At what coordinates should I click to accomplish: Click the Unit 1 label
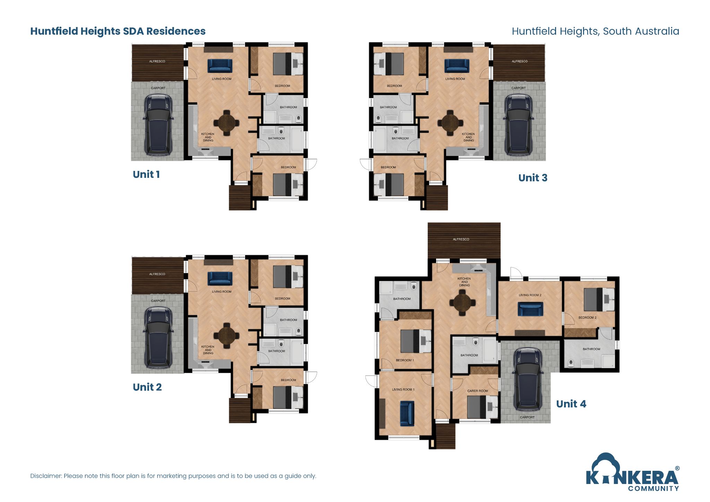[x=146, y=174]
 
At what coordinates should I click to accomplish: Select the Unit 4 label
[x=571, y=404]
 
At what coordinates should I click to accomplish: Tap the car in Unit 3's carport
[x=519, y=124]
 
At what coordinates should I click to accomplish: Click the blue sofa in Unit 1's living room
[x=220, y=66]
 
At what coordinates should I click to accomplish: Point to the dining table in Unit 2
[x=226, y=335]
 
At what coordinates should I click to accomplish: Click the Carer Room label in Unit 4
[x=477, y=391]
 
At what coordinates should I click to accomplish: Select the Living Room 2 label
[x=530, y=295]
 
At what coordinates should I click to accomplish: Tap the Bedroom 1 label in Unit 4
[x=405, y=360]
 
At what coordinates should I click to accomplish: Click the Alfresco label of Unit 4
[x=461, y=239]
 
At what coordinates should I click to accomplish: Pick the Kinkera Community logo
[x=632, y=473]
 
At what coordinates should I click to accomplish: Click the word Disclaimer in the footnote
[x=46, y=476]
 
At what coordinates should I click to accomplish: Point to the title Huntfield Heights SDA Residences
[x=118, y=31]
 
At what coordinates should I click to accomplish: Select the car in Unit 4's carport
[x=527, y=379]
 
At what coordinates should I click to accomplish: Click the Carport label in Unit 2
[x=158, y=301]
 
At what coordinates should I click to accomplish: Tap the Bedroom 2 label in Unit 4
[x=587, y=318]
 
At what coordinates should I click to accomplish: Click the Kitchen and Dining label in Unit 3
[x=468, y=137]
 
